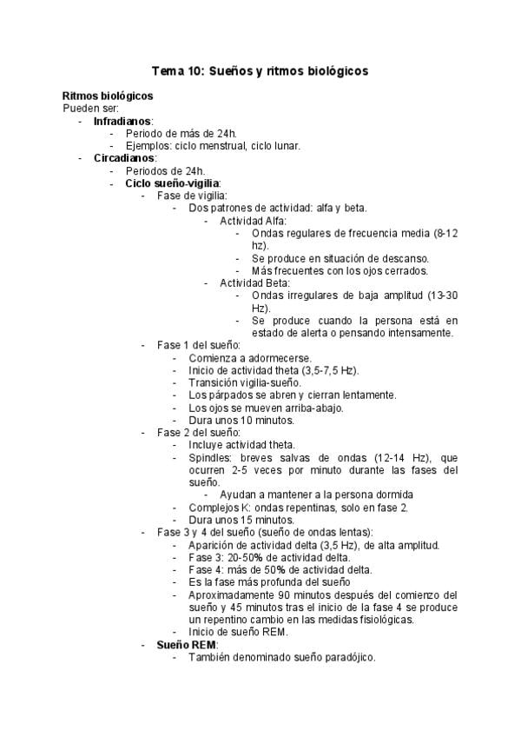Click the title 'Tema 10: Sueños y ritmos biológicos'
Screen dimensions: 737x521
click(260, 70)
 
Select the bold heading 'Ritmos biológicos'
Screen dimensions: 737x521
click(109, 96)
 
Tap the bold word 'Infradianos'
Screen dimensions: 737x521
click(122, 121)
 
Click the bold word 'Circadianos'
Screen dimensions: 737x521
click(125, 158)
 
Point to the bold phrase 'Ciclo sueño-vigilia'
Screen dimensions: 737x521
click(172, 183)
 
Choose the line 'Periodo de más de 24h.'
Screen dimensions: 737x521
click(181, 133)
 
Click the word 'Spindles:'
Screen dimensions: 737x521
click(211, 457)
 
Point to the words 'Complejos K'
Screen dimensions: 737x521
click(217, 507)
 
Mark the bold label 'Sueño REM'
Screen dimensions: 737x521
click(187, 645)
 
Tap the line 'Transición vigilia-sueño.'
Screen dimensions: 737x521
click(245, 382)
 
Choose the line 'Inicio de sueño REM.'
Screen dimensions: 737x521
click(237, 632)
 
